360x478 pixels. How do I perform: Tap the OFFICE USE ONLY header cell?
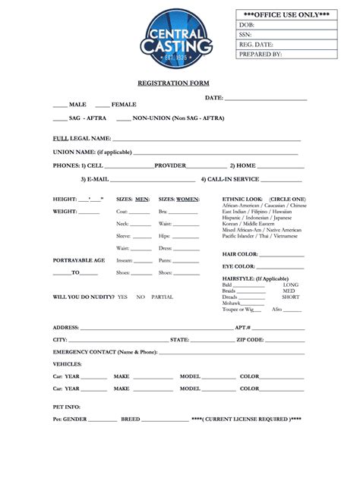(287, 14)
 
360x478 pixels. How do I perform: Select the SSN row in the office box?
(287, 35)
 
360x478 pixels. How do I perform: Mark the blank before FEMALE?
(103, 105)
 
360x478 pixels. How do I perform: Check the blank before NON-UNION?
(123, 119)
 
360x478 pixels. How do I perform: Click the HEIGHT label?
(65, 199)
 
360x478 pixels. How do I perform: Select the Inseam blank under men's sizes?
(141, 261)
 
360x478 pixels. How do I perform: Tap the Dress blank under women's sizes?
(186, 249)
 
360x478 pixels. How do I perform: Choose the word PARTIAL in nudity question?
(162, 297)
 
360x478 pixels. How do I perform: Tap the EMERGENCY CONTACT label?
(105, 352)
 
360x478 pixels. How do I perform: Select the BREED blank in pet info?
(165, 420)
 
